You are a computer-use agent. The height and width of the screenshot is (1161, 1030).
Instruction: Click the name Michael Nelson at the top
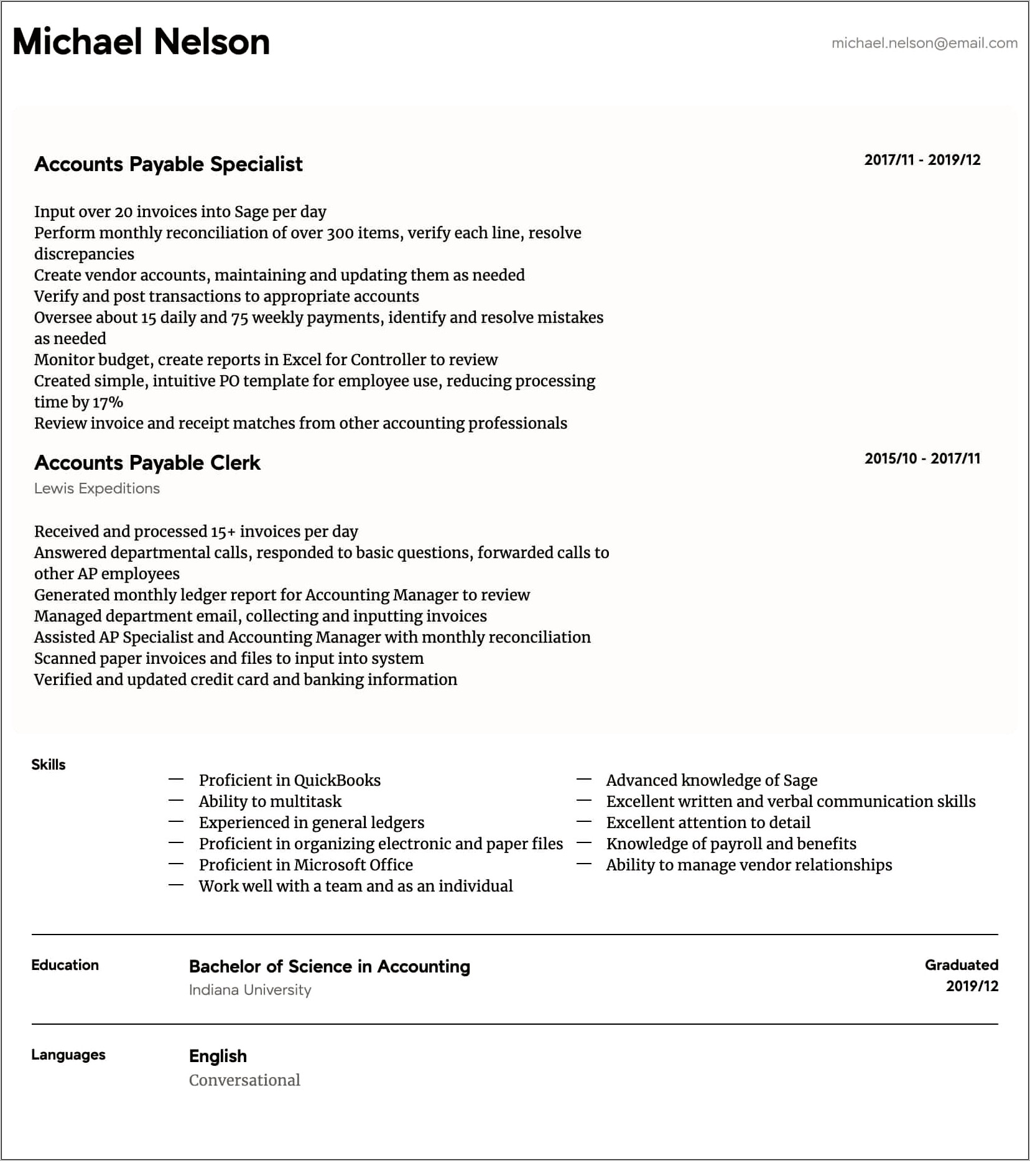click(x=141, y=42)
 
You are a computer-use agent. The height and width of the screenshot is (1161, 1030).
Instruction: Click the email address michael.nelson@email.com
click(x=924, y=43)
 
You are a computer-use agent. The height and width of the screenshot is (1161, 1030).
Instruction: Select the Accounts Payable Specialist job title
click(x=168, y=164)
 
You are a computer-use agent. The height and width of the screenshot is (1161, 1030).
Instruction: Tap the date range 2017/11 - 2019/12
click(x=922, y=160)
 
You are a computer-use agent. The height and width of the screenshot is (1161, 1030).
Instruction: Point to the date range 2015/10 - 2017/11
click(x=922, y=459)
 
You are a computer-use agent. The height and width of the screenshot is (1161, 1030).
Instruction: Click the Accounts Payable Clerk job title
click(x=147, y=463)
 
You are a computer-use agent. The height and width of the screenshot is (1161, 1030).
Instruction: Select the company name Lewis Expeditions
click(x=97, y=488)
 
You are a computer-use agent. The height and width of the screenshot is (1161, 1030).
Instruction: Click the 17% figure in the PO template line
click(x=108, y=403)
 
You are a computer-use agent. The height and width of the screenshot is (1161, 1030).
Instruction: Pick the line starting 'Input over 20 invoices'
click(x=180, y=212)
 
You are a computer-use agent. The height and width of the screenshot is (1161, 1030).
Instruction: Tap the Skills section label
click(x=49, y=765)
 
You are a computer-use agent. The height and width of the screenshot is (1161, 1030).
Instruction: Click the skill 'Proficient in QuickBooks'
click(x=289, y=780)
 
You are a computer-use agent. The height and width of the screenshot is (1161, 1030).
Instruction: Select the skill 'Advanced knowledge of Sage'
click(x=712, y=780)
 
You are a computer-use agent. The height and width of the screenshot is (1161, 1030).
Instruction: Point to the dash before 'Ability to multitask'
click(x=176, y=800)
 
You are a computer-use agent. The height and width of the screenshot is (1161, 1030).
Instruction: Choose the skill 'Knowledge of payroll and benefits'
click(x=731, y=844)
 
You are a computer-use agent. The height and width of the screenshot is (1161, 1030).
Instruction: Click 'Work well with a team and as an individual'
click(x=355, y=886)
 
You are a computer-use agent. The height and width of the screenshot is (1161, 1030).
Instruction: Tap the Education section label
click(x=65, y=965)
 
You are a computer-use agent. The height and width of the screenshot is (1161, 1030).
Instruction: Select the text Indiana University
click(x=249, y=990)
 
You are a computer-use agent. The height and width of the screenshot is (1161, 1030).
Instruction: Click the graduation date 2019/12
click(x=972, y=986)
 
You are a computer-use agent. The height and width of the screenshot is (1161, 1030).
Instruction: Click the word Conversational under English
click(x=244, y=1080)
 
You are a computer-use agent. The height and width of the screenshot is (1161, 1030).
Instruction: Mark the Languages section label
click(x=68, y=1055)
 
